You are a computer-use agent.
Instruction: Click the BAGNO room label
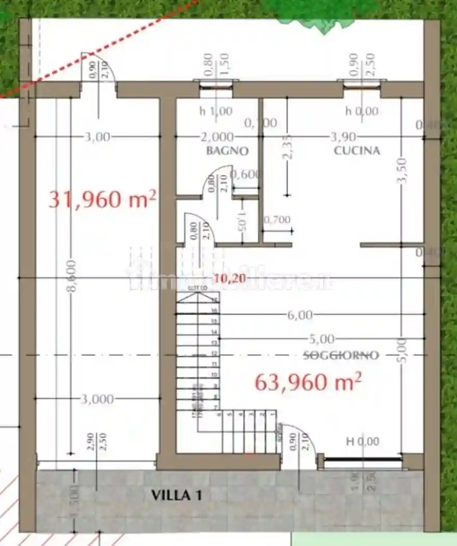[227, 151]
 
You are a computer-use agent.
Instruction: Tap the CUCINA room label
[357, 151]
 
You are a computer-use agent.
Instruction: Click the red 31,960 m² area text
[102, 199]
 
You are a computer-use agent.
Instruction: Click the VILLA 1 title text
[176, 495]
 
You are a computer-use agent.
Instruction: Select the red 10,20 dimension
[230, 278]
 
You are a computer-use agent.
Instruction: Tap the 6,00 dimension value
[299, 315]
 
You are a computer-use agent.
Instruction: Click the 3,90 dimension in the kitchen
[343, 137]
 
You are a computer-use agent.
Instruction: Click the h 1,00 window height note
[216, 111]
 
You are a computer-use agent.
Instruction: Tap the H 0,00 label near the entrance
[362, 441]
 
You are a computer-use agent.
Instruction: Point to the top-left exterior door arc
[99, 65]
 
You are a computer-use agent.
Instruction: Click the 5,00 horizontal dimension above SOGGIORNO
[321, 339]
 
